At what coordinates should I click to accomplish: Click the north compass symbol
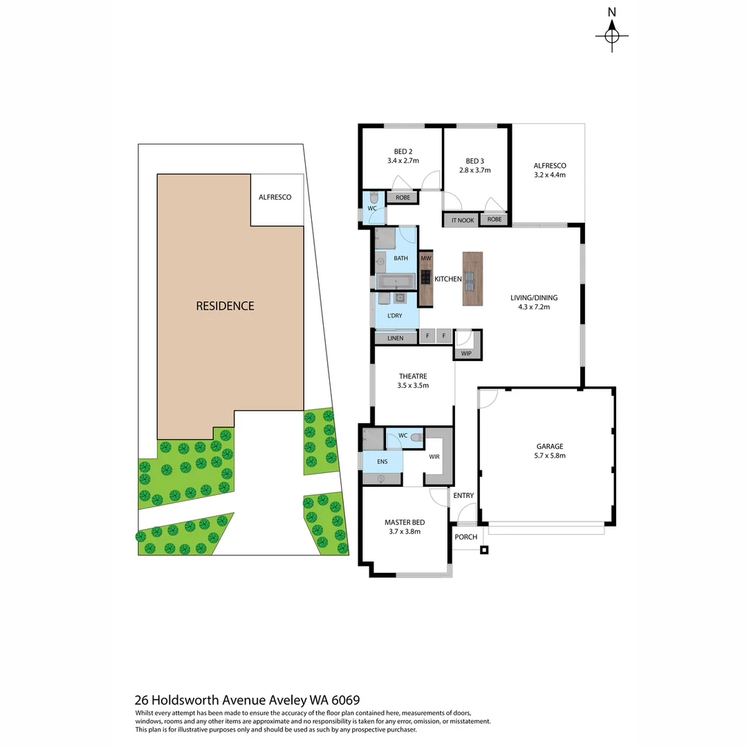click(611, 35)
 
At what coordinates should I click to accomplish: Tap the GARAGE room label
click(549, 446)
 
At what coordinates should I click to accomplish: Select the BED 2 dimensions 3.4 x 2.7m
click(403, 160)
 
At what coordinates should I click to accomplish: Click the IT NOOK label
click(462, 220)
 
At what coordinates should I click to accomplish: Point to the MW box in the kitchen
click(426, 258)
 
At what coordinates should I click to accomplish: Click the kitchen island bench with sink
click(472, 279)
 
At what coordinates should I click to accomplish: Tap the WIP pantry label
click(465, 353)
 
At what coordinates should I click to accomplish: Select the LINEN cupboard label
click(395, 338)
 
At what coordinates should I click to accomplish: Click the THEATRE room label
click(413, 376)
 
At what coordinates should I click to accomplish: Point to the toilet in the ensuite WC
click(414, 437)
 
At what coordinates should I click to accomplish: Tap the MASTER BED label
click(404, 522)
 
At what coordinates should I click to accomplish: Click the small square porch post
click(484, 551)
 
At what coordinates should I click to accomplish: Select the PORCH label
click(465, 537)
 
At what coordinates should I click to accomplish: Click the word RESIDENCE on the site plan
click(225, 306)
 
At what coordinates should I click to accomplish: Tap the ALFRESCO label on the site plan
click(275, 197)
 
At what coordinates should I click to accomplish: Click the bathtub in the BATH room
click(396, 281)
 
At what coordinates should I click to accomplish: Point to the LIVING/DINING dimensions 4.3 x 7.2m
click(533, 307)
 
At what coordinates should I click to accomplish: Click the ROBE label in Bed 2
click(403, 198)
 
